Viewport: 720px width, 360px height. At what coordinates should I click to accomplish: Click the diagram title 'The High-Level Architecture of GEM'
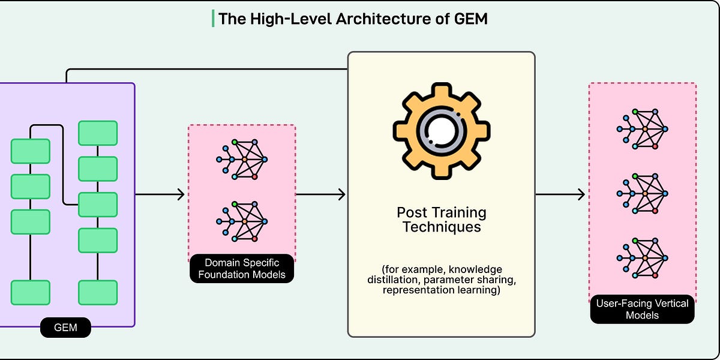pyautogui.click(x=353, y=19)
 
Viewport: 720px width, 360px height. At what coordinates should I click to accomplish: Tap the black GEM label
pyautogui.click(x=66, y=328)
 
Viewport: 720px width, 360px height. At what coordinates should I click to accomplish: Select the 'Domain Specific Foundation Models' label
pyautogui.click(x=241, y=268)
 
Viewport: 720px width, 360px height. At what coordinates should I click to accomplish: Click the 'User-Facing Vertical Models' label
pyautogui.click(x=642, y=309)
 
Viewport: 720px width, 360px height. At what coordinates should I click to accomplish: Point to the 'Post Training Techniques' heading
pyautogui.click(x=442, y=220)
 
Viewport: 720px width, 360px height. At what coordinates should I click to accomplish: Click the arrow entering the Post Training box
pyautogui.click(x=321, y=194)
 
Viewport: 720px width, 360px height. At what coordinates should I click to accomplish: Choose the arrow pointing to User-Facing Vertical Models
pyautogui.click(x=560, y=194)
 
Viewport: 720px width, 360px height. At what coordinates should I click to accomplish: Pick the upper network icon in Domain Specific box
pyautogui.click(x=241, y=159)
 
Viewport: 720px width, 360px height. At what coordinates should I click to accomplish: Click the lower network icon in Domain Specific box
pyautogui.click(x=241, y=221)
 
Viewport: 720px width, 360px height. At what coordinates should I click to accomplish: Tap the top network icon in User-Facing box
pyautogui.click(x=642, y=128)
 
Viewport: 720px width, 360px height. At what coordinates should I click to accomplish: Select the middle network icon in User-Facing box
pyautogui.click(x=642, y=193)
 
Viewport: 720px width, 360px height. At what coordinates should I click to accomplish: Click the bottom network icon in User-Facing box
pyautogui.click(x=642, y=257)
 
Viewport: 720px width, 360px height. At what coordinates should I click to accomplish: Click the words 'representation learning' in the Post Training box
pyautogui.click(x=440, y=291)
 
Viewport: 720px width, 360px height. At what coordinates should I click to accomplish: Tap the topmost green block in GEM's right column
pyautogui.click(x=98, y=133)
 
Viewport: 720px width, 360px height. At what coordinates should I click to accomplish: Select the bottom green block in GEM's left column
pyautogui.click(x=30, y=292)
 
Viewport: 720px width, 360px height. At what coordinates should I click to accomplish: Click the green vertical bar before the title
pyautogui.click(x=213, y=19)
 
